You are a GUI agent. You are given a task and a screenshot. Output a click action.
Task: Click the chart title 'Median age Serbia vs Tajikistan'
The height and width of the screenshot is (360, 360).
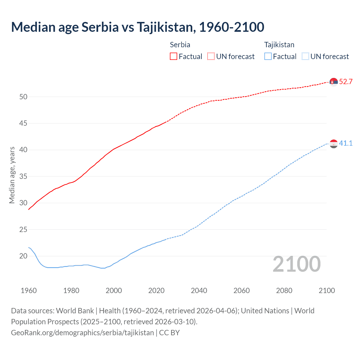click(138, 27)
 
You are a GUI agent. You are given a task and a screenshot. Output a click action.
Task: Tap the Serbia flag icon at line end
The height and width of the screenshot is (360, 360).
click(334, 82)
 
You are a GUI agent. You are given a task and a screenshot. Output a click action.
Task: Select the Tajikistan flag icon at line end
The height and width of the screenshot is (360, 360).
click(334, 144)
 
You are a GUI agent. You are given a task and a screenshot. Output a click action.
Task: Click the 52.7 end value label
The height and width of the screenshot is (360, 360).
click(346, 82)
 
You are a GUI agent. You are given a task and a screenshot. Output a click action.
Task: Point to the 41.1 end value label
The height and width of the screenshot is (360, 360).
click(346, 143)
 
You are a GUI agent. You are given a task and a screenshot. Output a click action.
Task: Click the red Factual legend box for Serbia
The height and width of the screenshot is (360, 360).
click(174, 57)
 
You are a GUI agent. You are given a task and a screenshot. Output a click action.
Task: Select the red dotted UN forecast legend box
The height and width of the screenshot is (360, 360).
click(211, 57)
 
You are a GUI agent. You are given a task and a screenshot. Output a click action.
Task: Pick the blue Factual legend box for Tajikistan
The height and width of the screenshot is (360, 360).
click(268, 57)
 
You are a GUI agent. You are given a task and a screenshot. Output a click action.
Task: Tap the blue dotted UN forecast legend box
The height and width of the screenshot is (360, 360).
click(305, 57)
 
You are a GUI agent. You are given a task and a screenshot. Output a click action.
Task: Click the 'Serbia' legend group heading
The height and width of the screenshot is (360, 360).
click(180, 45)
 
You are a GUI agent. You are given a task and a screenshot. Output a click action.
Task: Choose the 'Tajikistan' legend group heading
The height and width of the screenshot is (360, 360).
click(279, 45)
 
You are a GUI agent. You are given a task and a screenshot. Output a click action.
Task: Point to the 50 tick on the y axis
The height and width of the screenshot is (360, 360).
click(23, 97)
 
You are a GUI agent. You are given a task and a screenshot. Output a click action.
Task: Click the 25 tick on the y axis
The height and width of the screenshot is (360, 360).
click(23, 229)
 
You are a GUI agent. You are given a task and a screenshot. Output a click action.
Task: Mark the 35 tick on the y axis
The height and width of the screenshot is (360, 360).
click(23, 177)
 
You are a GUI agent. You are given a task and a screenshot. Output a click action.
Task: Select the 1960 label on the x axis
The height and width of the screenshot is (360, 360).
click(29, 291)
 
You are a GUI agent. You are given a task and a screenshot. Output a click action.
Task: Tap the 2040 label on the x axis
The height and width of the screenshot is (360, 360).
click(199, 291)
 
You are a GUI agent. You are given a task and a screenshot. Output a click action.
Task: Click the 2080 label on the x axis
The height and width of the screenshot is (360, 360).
click(284, 291)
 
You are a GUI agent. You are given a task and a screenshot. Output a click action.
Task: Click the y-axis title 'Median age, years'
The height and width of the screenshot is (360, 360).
click(12, 175)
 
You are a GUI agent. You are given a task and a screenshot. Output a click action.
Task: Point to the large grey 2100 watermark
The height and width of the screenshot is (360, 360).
click(296, 264)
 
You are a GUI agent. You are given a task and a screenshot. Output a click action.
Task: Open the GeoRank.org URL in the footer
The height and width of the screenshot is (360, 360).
click(82, 333)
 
